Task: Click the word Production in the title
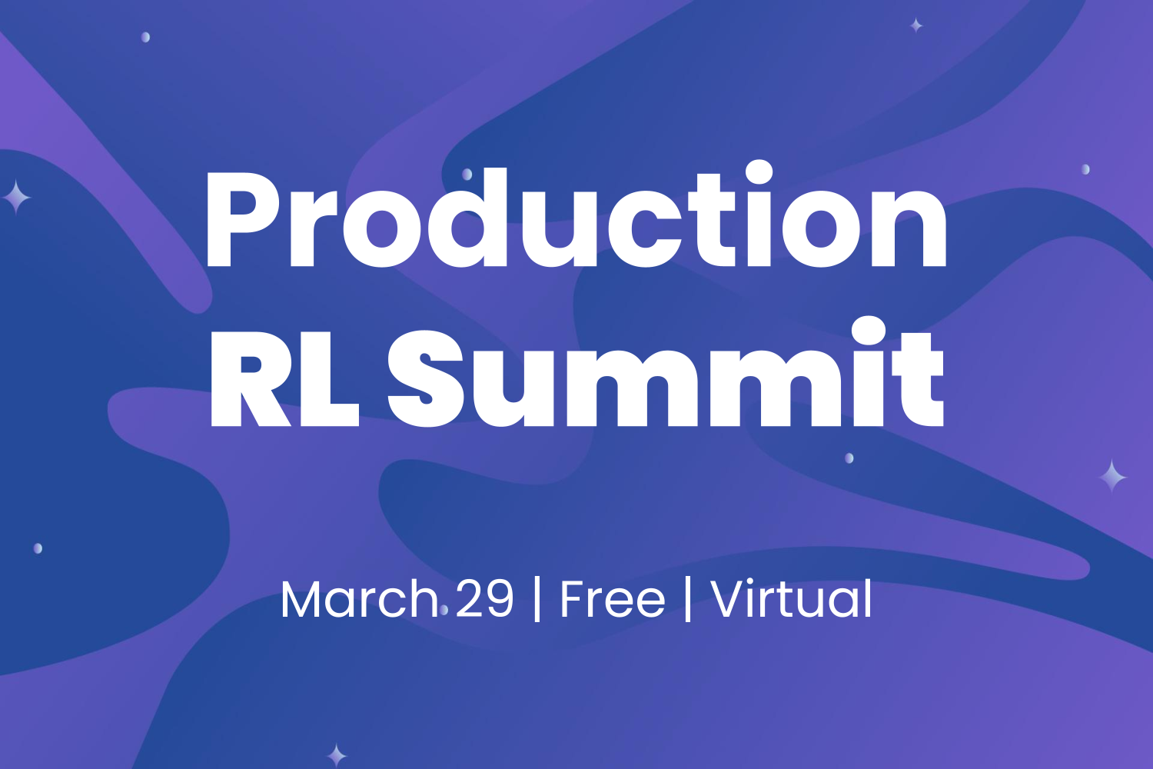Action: [576, 219]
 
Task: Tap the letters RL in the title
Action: [284, 378]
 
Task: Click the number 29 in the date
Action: [484, 600]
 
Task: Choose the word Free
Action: [612, 600]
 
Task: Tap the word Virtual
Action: [792, 600]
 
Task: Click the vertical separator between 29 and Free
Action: [537, 600]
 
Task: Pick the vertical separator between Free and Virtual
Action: [688, 600]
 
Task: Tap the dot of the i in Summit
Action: [869, 330]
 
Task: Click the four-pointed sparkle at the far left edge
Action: [15, 198]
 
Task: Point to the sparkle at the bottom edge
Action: [336, 754]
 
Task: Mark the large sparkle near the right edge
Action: [1111, 476]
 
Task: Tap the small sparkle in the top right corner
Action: [916, 25]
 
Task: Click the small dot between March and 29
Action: [444, 611]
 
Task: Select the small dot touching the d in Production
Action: [467, 175]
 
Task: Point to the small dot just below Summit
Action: [849, 458]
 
